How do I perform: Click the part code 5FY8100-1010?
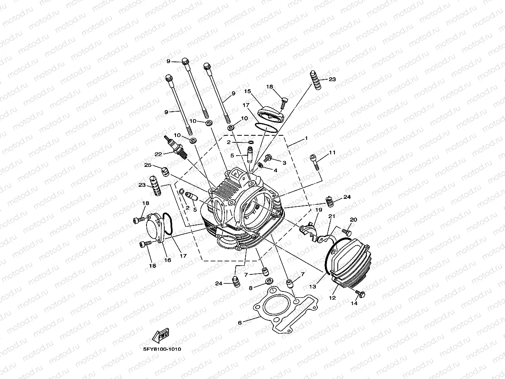pos(162,349)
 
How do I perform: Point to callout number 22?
pos(158,154)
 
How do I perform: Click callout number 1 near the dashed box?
pos(306,138)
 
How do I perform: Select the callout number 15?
pos(248,91)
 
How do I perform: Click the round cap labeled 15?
pos(270,112)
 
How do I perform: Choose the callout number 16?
pos(168,260)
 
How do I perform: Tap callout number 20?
pos(354,220)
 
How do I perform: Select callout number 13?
pos(312,286)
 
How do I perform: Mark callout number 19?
pos(318,210)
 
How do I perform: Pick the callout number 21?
pos(332,217)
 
